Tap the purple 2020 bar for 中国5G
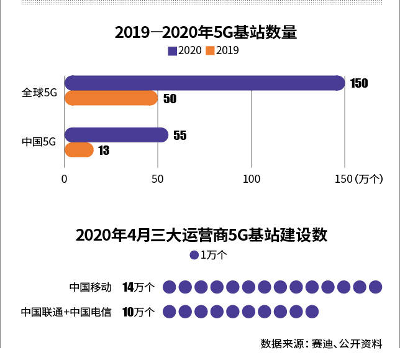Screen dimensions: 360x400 click(116, 135)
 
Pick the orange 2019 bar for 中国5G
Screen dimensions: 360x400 click(79, 150)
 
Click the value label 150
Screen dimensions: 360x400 click(359, 83)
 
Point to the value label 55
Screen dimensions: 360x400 click(180, 136)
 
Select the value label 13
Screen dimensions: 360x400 click(104, 150)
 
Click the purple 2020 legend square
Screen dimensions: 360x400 click(172, 51)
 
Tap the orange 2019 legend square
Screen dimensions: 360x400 click(210, 51)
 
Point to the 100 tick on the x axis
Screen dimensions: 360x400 click(252, 179)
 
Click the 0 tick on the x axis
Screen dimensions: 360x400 click(65, 179)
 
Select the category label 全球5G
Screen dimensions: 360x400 click(39, 92)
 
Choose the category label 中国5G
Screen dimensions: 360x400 click(39, 142)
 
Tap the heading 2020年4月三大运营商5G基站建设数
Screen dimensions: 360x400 click(201, 235)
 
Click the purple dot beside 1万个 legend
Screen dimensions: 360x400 click(194, 255)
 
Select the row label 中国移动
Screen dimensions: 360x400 click(91, 287)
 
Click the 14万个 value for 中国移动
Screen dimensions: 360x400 click(139, 287)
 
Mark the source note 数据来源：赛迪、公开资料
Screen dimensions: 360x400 click(321, 343)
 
